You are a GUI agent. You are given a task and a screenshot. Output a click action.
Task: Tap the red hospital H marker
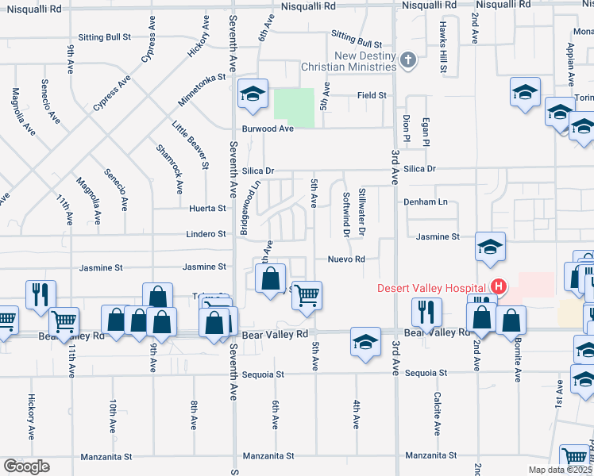click(499, 287)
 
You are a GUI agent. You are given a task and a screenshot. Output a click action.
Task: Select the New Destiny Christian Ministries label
click(365, 61)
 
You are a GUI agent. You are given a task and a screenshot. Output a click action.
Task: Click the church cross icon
click(408, 60)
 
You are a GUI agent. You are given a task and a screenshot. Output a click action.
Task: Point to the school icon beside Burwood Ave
click(253, 95)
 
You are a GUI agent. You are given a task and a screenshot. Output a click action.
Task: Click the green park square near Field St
click(294, 107)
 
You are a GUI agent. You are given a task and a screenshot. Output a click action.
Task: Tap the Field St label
click(371, 95)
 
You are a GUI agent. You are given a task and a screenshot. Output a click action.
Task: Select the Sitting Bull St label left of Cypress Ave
click(104, 37)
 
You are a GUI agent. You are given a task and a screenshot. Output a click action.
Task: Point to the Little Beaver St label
click(190, 144)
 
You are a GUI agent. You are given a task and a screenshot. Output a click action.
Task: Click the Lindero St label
click(206, 234)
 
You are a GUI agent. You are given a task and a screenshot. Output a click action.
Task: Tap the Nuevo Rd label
click(347, 259)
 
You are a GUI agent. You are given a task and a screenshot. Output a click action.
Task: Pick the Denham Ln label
click(426, 202)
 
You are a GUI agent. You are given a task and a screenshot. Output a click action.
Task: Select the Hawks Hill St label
click(443, 46)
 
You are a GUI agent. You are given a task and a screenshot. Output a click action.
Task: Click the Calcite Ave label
click(438, 413)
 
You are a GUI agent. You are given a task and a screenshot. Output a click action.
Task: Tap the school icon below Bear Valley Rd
click(365, 342)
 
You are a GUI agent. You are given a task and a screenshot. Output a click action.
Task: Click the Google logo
click(26, 466)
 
